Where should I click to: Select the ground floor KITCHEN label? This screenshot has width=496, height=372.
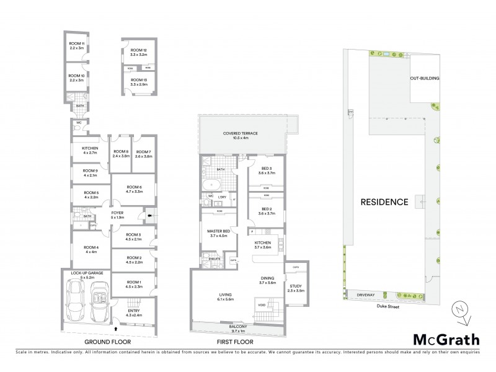[91, 148]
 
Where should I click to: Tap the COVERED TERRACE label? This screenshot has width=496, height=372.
[240, 134]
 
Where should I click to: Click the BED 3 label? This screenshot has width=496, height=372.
[265, 169]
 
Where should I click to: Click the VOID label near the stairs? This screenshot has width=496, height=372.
[262, 304]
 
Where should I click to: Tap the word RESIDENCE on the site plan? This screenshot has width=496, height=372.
[384, 202]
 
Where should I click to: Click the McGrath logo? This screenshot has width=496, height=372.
[446, 340]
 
